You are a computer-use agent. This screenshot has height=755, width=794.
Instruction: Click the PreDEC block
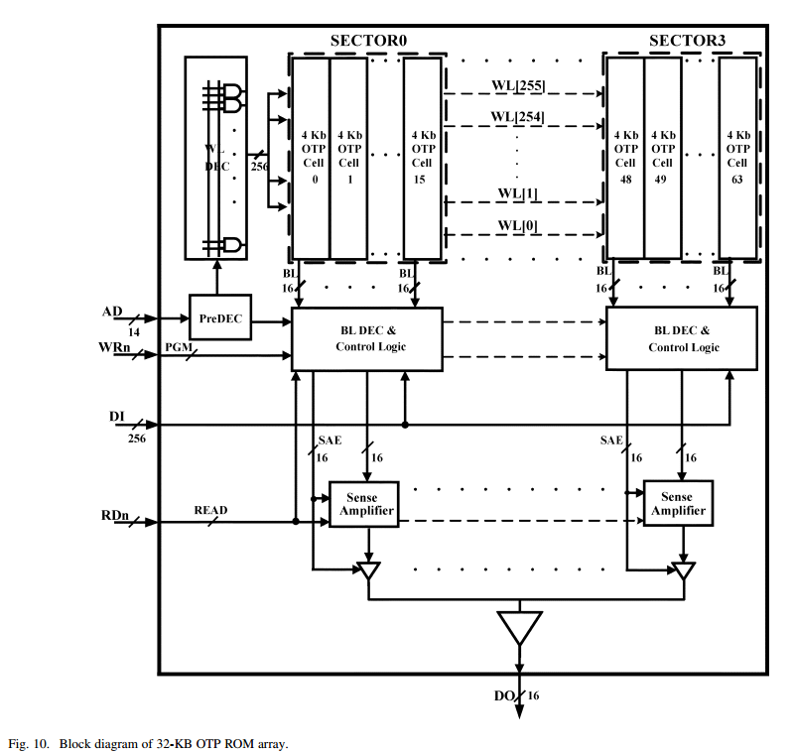pos(219,318)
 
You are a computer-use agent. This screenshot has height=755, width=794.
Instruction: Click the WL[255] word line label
pos(518,86)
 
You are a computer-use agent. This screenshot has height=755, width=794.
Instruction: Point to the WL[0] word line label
pos(518,225)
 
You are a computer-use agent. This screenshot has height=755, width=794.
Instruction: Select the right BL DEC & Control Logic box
pos(681,339)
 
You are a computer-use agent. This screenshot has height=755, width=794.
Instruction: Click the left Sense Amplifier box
pos(363,504)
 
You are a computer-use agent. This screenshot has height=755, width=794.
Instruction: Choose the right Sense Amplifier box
pos(678,504)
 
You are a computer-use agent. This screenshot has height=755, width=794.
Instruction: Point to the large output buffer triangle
pos(519,627)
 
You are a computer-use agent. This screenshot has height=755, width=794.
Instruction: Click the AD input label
pos(112,312)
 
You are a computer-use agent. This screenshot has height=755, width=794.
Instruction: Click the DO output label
pos(503,695)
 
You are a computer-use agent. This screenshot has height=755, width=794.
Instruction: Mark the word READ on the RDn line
pos(210,510)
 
